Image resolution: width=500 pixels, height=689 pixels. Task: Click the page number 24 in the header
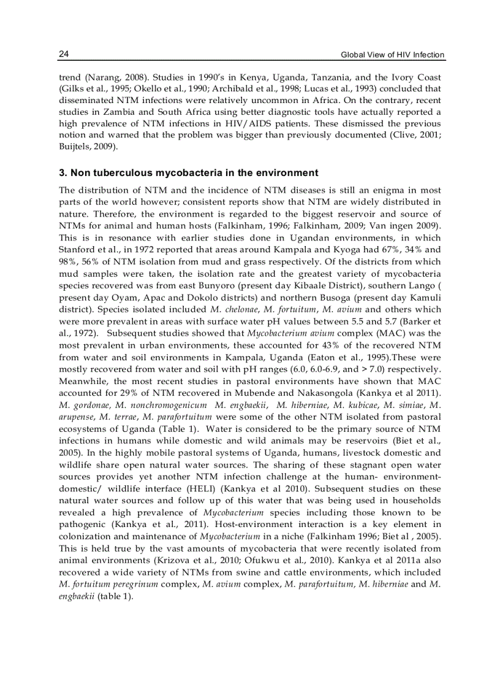[63, 55]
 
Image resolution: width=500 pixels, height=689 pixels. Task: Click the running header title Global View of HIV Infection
[392, 55]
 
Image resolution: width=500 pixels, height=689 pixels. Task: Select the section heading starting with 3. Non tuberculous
[188, 172]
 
